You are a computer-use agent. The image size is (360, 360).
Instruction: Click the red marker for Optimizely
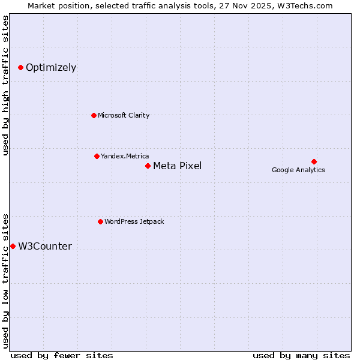click(20, 68)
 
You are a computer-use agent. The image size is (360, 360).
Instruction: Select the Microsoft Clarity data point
click(94, 115)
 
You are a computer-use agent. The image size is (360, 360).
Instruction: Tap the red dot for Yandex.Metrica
click(97, 157)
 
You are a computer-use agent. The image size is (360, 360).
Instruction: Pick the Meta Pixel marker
click(148, 166)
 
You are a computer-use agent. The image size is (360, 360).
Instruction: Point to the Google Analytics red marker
click(314, 161)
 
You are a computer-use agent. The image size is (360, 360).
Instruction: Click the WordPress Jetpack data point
click(100, 222)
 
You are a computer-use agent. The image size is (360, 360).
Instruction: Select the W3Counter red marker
click(13, 247)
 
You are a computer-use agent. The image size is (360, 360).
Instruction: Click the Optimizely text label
click(51, 68)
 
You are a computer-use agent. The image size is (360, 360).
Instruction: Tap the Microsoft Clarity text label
click(124, 115)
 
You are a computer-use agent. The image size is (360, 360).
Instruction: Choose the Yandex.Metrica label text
click(125, 157)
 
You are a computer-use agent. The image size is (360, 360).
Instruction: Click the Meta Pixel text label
click(177, 166)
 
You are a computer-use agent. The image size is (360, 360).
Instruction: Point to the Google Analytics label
click(298, 170)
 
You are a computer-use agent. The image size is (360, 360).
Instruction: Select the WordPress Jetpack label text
click(134, 222)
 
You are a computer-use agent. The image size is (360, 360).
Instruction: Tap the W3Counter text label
click(45, 247)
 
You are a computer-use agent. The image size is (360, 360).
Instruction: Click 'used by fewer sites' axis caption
click(62, 355)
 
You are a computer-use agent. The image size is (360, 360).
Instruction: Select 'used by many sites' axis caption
click(301, 355)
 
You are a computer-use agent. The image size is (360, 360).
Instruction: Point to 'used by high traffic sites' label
click(6, 85)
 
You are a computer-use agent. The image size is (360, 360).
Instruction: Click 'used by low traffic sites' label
click(6, 280)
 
